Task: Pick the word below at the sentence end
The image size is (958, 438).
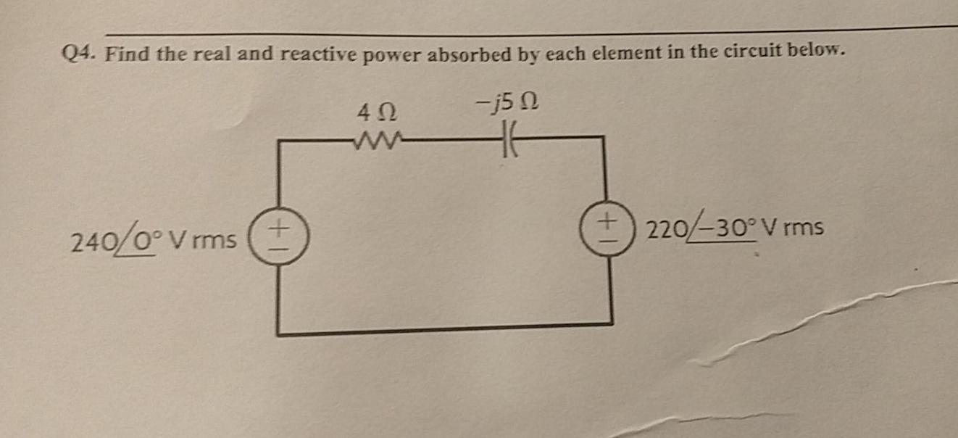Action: (x=818, y=51)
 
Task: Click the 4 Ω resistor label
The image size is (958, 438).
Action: (x=377, y=113)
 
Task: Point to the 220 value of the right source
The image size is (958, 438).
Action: (x=663, y=230)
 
